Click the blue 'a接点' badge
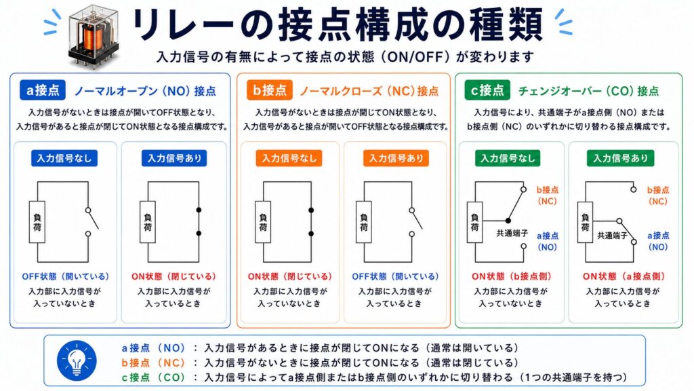pos(43,90)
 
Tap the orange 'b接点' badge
pos(270,90)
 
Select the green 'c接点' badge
pos(487,90)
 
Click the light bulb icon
pos(77,361)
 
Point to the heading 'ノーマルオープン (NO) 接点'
pos(145,92)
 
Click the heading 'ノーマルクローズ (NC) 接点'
pos(369,92)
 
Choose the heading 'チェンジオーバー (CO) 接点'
pos(589,92)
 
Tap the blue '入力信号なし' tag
pos(64,158)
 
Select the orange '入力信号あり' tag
pos(396,158)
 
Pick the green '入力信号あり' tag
pos(621,158)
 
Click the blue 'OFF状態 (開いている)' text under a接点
pos(66,276)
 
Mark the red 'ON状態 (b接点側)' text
pos(511,276)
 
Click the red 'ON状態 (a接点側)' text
pos(624,276)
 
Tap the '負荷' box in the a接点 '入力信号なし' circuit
pos(37,222)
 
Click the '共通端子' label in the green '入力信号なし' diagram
pos(512,233)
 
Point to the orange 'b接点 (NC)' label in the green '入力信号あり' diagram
pos(657,195)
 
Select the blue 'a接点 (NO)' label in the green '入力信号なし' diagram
pos(548,241)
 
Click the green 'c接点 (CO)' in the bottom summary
pos(153,377)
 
